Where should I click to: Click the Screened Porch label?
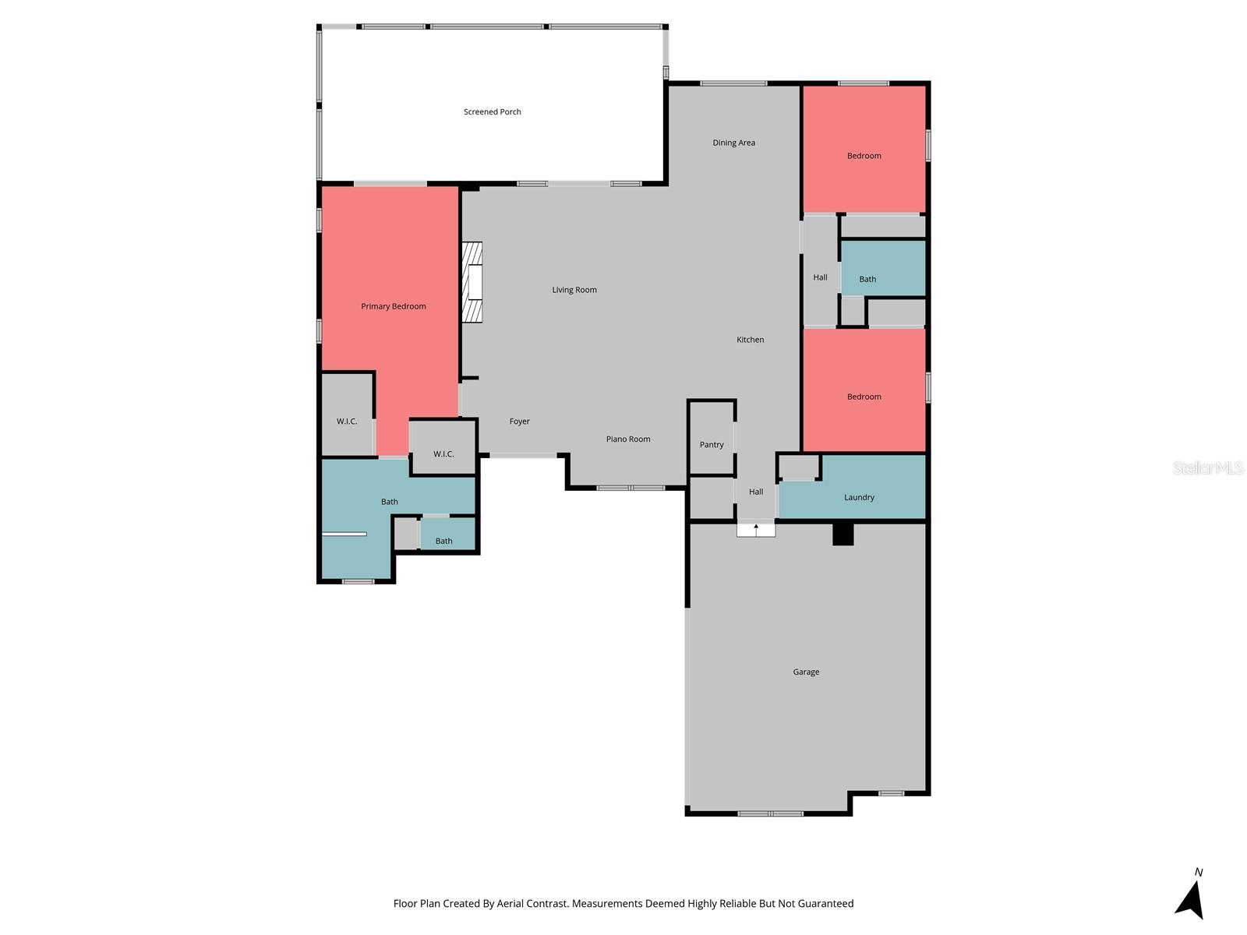coord(492,112)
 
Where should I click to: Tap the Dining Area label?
coord(733,143)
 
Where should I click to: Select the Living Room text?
coord(574,290)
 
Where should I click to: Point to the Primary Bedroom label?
coord(393,306)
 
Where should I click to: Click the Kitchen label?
coord(750,340)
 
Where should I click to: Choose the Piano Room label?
coord(628,439)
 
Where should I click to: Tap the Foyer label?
coord(519,422)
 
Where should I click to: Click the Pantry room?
coord(712,444)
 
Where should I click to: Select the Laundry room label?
coord(859,498)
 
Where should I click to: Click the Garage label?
coord(806,672)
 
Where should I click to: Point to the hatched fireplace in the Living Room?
coord(472,282)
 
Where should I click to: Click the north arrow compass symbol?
coord(1191,900)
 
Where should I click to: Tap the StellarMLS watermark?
coord(1207,467)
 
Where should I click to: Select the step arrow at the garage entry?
coord(756,530)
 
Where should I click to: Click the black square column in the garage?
coord(843,535)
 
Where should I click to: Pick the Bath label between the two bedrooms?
coord(867,279)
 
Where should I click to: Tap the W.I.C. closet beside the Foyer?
coord(443,453)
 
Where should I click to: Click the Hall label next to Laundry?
coord(756,492)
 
